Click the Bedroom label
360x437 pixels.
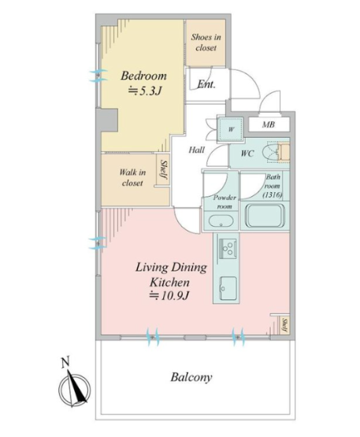click(143, 76)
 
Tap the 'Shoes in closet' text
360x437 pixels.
click(206, 43)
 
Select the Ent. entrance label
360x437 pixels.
click(206, 84)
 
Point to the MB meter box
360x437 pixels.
click(269, 124)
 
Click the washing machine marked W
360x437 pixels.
click(231, 129)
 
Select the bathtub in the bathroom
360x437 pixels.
click(265, 217)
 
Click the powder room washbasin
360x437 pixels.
click(221, 221)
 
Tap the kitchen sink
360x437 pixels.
click(228, 288)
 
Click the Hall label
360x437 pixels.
click(197, 150)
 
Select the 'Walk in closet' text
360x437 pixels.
click(132, 177)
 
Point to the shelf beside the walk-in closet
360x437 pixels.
click(163, 169)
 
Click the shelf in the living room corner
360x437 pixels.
click(284, 325)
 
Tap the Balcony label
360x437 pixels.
click(191, 377)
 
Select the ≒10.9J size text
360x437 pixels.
click(169, 296)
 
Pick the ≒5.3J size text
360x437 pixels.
click(145, 91)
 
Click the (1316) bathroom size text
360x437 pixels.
click(273, 194)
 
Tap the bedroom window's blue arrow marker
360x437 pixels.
click(98, 76)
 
